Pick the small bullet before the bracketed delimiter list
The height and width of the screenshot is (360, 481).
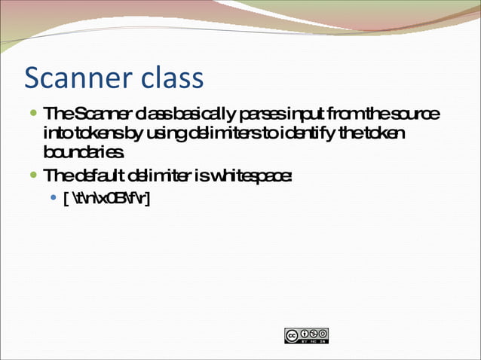tap(53, 199)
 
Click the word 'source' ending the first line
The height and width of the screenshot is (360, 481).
tap(414, 114)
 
